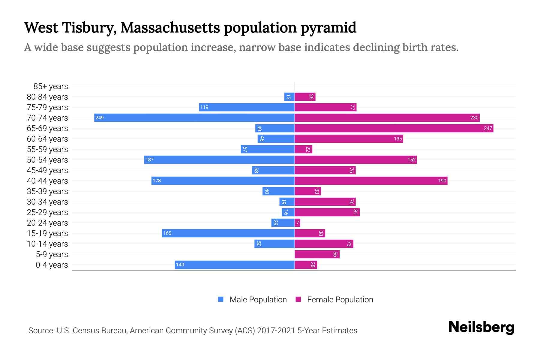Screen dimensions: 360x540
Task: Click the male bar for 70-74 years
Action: (x=194, y=118)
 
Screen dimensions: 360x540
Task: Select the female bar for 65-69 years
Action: (x=394, y=128)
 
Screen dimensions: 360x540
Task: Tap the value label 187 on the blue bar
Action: (x=149, y=160)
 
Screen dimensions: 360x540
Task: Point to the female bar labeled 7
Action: (x=297, y=223)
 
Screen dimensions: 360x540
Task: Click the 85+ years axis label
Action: (x=50, y=86)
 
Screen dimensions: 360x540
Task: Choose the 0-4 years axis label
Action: (x=52, y=265)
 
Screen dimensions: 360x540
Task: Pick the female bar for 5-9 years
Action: (x=317, y=254)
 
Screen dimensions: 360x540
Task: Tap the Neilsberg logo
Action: (x=481, y=327)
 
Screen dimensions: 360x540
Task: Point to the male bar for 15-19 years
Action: (x=228, y=233)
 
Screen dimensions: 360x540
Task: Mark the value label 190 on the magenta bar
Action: (x=442, y=181)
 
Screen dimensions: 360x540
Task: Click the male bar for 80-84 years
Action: (x=289, y=97)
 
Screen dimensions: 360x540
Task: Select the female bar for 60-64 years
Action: (x=349, y=139)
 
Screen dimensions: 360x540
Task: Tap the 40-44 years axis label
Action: (x=47, y=181)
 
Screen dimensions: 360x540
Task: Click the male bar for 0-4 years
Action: (x=234, y=265)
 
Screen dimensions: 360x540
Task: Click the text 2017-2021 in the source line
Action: (x=276, y=331)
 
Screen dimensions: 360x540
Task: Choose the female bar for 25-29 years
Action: (x=327, y=212)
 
